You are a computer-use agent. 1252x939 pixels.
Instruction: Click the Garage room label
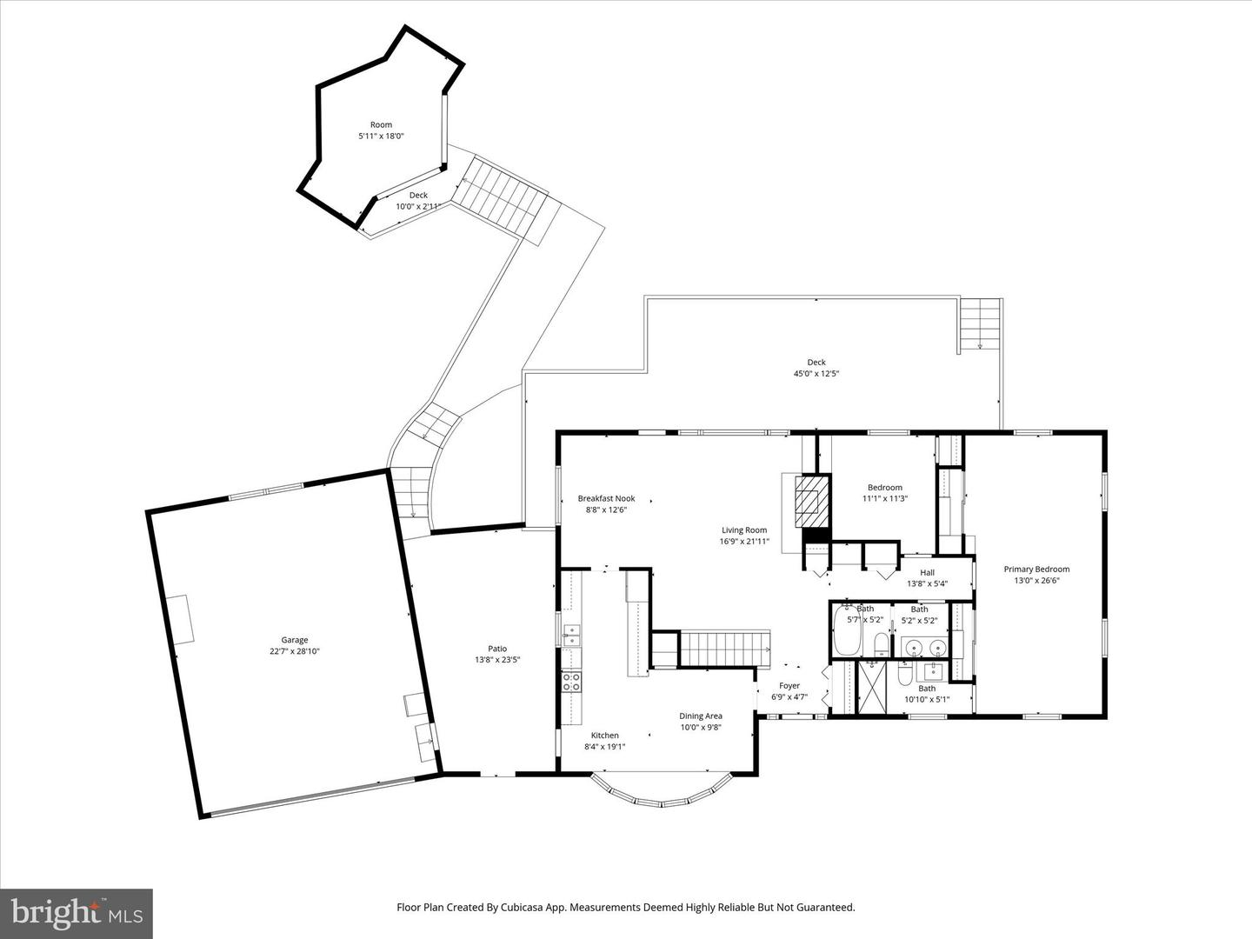[294, 640]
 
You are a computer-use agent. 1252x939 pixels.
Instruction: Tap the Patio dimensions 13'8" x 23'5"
[497, 660]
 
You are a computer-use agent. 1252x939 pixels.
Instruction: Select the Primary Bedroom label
[1036, 569]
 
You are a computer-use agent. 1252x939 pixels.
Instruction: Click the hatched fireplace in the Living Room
[809, 502]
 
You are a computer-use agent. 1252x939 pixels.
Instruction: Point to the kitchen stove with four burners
[571, 681]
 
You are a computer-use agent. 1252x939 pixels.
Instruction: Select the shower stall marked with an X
[870, 688]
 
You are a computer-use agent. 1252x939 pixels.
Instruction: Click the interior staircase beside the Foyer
[723, 648]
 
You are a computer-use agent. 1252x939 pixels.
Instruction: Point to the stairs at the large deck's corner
[981, 323]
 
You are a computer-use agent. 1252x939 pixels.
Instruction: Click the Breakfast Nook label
[606, 498]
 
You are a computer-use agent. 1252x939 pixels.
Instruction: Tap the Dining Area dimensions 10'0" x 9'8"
[701, 728]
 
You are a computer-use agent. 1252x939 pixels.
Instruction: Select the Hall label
[927, 572]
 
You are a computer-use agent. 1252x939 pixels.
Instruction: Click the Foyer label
[789, 686]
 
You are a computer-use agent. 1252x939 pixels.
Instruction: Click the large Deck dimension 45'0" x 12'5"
[816, 374]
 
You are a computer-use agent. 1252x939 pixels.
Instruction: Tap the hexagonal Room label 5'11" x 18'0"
[381, 130]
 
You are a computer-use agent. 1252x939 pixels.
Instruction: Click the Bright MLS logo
[77, 913]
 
